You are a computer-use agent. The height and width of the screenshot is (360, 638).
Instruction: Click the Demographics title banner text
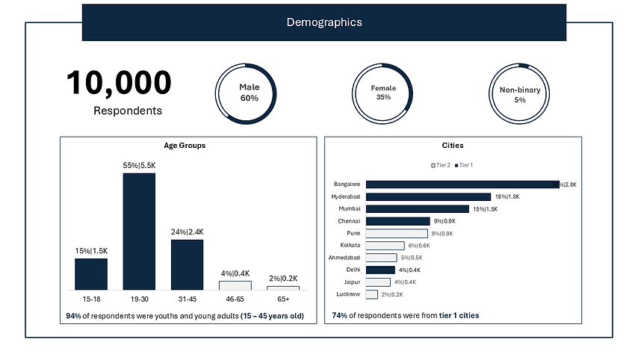click(x=324, y=22)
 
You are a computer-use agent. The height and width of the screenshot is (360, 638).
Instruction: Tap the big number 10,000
click(x=119, y=84)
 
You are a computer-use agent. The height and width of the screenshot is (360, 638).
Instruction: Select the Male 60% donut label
click(x=249, y=93)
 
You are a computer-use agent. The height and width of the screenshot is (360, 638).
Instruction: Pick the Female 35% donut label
click(x=383, y=93)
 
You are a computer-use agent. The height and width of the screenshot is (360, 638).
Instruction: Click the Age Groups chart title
click(x=185, y=146)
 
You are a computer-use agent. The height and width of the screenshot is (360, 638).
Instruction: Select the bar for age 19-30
click(x=139, y=232)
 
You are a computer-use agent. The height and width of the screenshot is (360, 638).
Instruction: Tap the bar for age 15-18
click(x=91, y=274)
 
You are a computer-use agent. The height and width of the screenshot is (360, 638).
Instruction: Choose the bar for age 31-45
click(x=187, y=264)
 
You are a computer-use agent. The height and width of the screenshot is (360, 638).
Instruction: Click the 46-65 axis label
click(x=235, y=299)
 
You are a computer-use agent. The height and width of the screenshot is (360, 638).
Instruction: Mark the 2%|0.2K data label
click(x=282, y=279)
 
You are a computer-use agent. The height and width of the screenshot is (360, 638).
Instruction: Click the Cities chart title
click(x=453, y=146)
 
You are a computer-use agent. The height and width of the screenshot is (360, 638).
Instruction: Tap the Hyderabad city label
click(x=346, y=196)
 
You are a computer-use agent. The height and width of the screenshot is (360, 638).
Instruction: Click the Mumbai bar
click(x=418, y=209)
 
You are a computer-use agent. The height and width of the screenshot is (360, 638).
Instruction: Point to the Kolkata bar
click(x=385, y=246)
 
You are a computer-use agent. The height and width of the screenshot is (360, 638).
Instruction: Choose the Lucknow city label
click(x=348, y=294)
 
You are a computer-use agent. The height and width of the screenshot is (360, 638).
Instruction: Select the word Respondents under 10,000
click(x=128, y=111)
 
